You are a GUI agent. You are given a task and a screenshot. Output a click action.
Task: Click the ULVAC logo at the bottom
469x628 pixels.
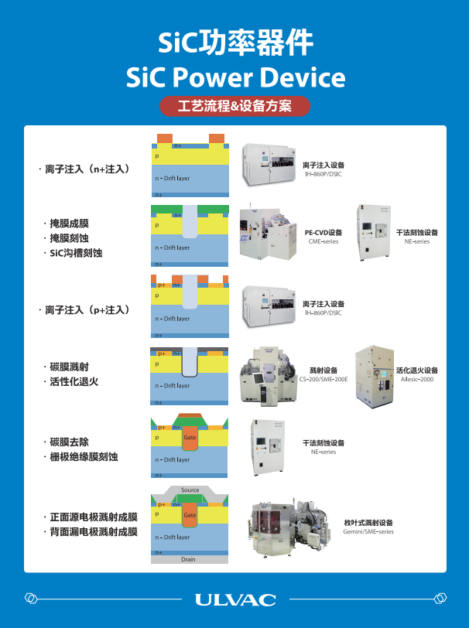point(234,599)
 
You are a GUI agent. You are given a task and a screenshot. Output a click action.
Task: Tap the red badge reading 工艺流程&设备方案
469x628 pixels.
point(234,106)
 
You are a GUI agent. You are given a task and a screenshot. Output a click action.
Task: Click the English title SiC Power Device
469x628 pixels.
point(234,77)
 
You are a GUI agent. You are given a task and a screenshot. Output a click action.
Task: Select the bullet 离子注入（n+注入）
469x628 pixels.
point(86,168)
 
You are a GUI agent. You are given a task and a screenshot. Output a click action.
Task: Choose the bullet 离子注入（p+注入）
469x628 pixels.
point(86,309)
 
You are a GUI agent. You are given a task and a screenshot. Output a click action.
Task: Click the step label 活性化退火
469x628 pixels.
point(74,382)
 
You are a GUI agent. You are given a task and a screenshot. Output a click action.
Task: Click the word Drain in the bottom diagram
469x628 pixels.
point(189,559)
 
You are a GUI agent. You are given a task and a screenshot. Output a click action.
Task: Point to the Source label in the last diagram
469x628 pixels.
point(190,490)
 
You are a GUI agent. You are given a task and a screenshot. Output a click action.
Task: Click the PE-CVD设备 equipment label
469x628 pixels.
point(324,232)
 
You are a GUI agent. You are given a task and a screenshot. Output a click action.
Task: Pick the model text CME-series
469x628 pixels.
point(324,242)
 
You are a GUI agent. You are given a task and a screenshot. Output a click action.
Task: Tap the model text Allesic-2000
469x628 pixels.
point(416,380)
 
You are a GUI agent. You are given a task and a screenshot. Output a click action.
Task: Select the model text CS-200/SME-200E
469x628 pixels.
point(324,380)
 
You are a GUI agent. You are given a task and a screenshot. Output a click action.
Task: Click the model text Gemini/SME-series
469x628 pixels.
point(368,532)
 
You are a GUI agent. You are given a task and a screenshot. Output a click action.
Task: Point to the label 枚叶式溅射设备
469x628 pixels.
point(368,523)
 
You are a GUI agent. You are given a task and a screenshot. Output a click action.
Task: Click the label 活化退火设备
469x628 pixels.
point(416,370)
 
